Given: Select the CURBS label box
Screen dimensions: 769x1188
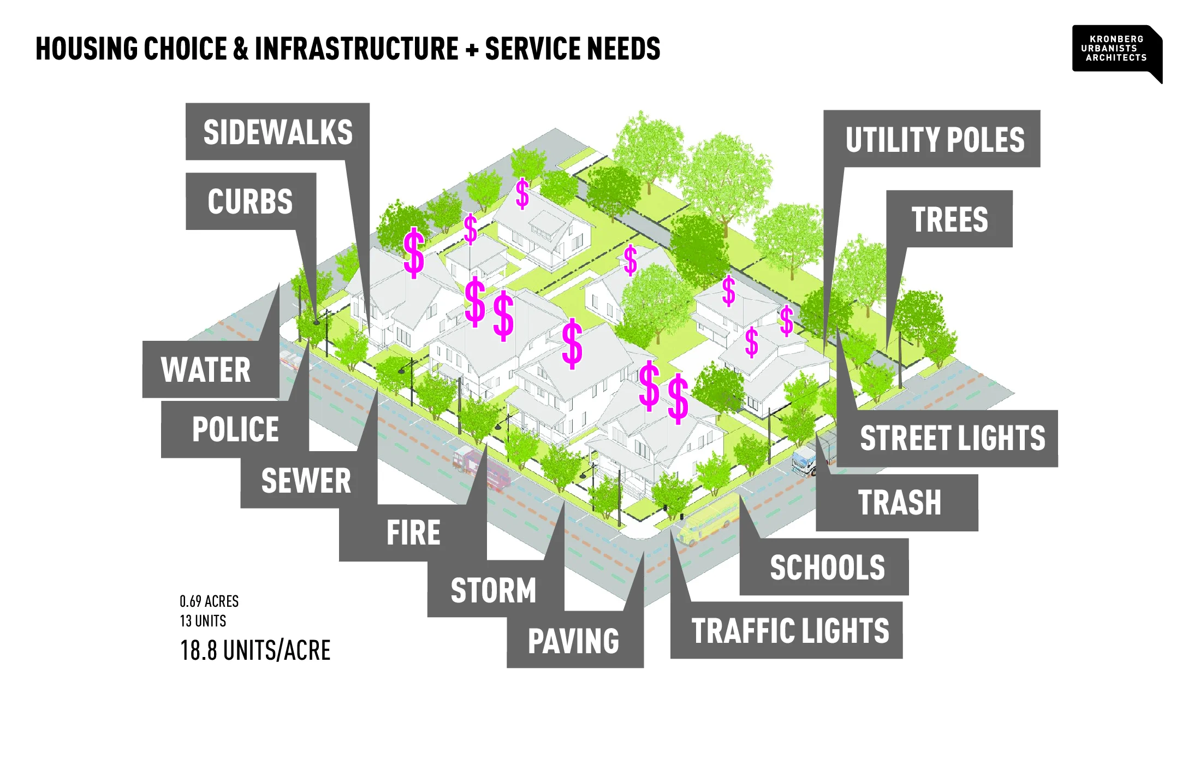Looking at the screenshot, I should pos(250,201).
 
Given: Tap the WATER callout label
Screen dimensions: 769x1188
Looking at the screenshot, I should pos(206,369).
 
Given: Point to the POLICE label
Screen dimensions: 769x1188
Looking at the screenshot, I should pos(235,429).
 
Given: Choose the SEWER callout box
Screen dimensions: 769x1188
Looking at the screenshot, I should pos(306,480).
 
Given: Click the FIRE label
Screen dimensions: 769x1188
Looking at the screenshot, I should pos(413,533).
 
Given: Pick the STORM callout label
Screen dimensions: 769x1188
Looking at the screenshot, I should pos(493,590).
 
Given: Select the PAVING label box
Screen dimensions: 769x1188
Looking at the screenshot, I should pos(573,640).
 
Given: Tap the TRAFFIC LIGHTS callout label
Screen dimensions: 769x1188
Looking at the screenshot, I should pos(789,630).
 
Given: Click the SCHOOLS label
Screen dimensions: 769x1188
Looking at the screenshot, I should pos(827,567).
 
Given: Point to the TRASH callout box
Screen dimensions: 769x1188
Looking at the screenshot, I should pos(899,502).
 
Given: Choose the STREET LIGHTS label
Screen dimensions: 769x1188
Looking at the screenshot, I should pos(952,438).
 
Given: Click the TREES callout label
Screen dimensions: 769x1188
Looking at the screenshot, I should pos(949,219).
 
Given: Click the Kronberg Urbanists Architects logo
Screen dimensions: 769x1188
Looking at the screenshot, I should pos(1116,49).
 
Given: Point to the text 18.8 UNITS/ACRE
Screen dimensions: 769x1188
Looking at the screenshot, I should pos(255,650).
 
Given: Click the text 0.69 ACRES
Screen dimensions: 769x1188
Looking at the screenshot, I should pos(209,601).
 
